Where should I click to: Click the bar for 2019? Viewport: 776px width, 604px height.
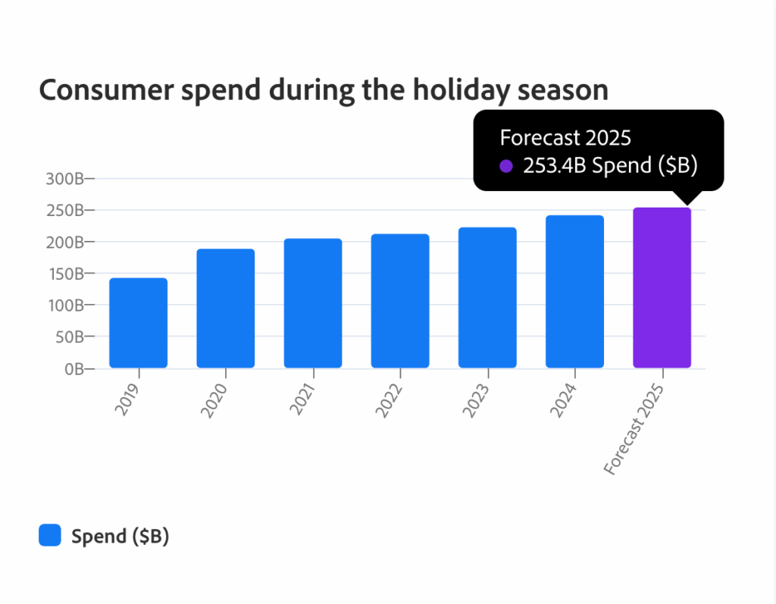(138, 323)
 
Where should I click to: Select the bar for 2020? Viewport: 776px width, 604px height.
(225, 308)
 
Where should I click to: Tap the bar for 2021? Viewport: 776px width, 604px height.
(312, 303)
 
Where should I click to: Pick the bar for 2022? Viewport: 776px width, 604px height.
(399, 301)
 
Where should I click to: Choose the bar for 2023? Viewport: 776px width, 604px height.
(487, 298)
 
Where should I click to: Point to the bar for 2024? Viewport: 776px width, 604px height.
(574, 292)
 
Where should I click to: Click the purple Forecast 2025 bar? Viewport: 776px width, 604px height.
(662, 288)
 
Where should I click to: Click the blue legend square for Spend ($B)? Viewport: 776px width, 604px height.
(50, 536)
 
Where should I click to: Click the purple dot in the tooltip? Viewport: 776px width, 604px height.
(506, 166)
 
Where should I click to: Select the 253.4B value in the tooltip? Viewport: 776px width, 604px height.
(555, 166)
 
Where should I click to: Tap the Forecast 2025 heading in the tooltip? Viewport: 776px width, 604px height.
(565, 138)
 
